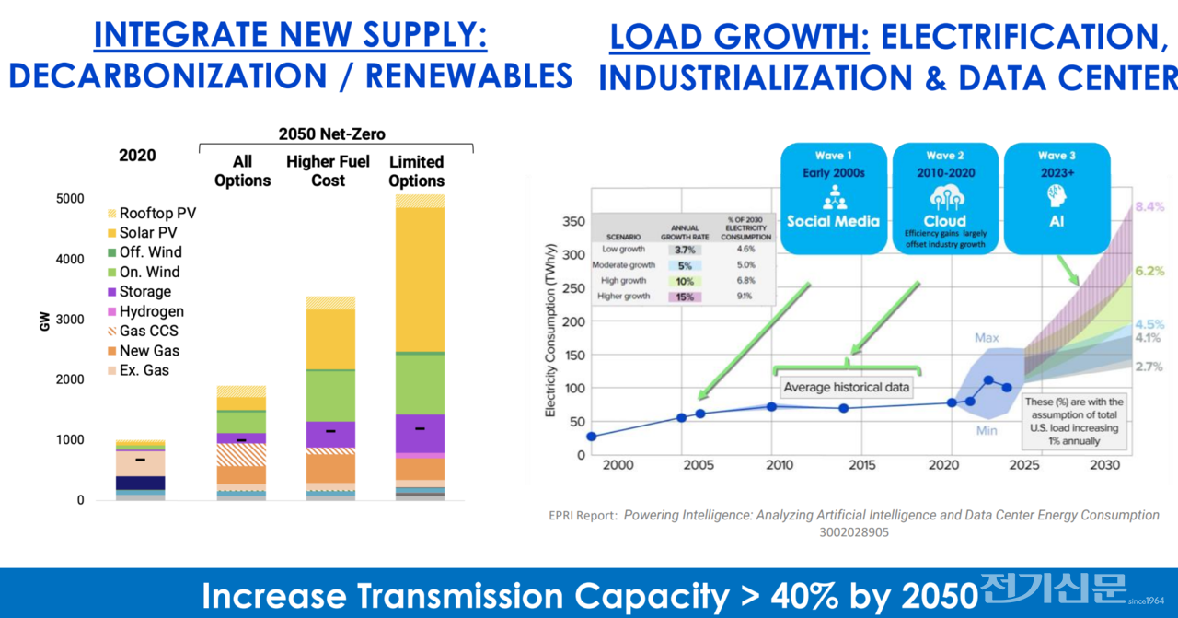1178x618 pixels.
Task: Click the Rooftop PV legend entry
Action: coord(156,214)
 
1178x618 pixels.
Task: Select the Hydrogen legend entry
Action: coord(151,311)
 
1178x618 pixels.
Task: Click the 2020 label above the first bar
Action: coord(137,156)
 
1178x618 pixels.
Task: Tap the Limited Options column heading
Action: coord(416,171)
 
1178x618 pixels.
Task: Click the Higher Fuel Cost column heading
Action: coord(328,171)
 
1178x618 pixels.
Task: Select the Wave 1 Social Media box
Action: coord(833,197)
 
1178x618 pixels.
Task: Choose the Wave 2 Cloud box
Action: coord(945,197)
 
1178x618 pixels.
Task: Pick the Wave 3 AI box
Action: coord(1056,197)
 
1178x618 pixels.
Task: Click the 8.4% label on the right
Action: coord(1149,207)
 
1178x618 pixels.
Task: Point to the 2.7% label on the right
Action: coord(1148,367)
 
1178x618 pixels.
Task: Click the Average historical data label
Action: coord(846,387)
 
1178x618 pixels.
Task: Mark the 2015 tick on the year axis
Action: coord(861,465)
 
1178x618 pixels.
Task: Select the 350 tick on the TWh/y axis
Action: coord(572,222)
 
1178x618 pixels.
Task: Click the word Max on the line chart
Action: coord(987,338)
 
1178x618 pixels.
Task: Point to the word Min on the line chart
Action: coord(987,431)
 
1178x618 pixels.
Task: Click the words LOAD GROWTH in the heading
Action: coord(740,36)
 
